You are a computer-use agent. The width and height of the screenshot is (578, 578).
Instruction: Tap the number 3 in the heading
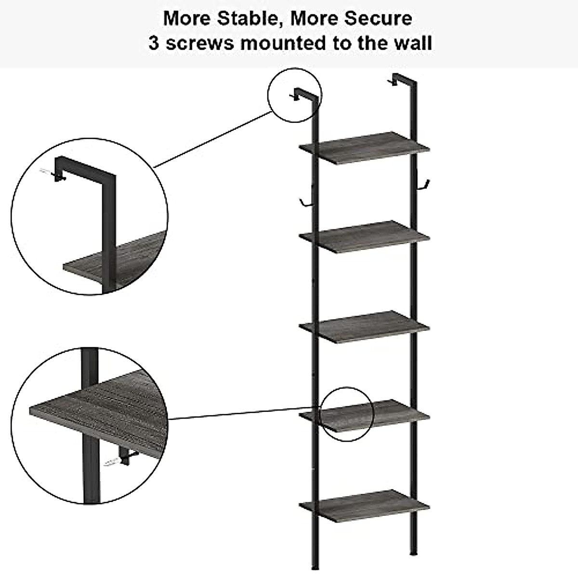(x=154, y=43)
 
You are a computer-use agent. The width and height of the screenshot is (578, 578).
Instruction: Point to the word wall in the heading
(x=412, y=43)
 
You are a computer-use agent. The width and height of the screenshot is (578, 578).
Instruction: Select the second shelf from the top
(x=364, y=236)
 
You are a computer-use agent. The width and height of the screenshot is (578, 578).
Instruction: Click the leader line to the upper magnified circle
(x=212, y=140)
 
